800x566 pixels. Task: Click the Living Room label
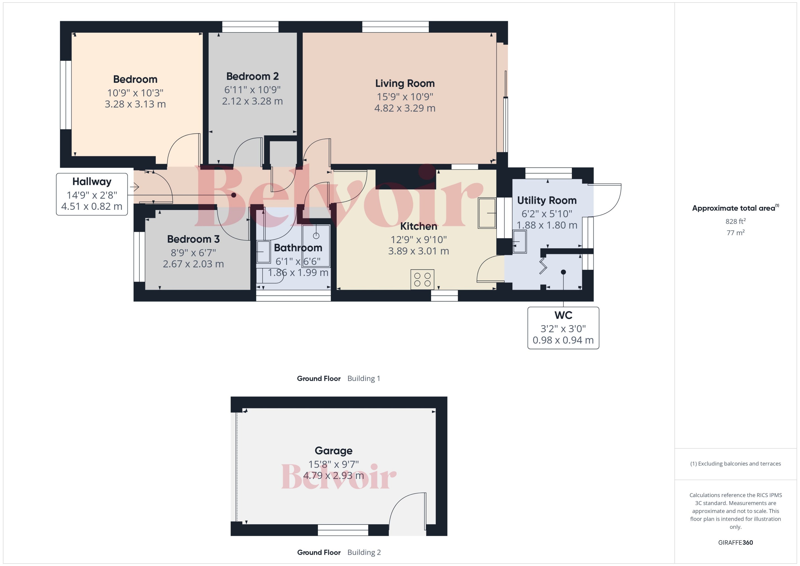[405, 83]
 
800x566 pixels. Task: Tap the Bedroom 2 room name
[252, 76]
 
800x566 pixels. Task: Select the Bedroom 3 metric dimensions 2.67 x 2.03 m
[193, 264]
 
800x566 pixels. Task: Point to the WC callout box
[563, 328]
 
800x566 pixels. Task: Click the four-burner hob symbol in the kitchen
[422, 279]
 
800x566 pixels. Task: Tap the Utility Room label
[547, 200]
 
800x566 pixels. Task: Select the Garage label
[333, 451]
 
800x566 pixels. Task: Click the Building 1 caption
[364, 378]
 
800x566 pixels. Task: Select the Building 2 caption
[364, 553]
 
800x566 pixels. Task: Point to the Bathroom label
[298, 248]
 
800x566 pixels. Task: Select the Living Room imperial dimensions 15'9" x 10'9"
[405, 96]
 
